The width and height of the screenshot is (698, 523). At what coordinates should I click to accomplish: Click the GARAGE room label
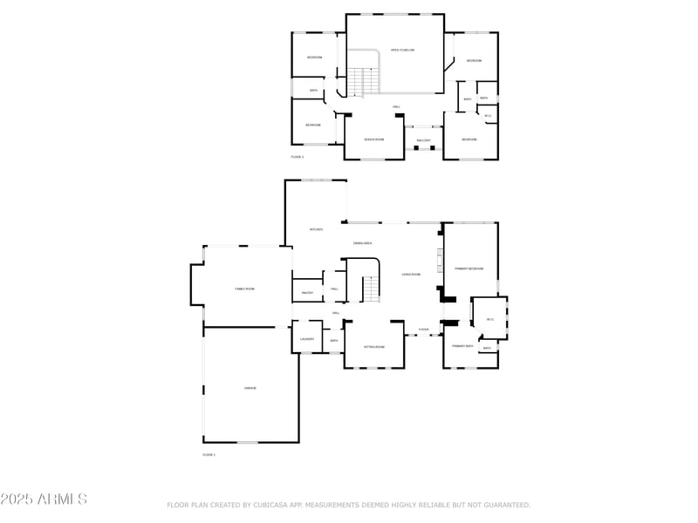click(250, 388)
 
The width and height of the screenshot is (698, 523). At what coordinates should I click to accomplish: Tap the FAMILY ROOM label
click(244, 289)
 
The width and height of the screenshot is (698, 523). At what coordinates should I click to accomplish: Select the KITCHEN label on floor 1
click(316, 229)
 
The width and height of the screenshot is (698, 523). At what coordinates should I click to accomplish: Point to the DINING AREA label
click(364, 242)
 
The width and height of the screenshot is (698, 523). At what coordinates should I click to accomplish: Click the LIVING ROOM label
click(411, 275)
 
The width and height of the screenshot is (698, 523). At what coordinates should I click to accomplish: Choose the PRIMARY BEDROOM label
click(469, 268)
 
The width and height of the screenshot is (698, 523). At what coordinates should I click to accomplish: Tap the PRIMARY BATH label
click(462, 347)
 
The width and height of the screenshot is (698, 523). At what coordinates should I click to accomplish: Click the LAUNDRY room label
click(307, 339)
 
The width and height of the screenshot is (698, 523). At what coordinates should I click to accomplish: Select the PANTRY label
click(307, 293)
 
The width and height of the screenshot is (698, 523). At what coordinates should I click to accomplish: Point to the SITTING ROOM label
click(373, 347)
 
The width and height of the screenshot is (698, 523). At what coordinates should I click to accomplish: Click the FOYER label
click(423, 329)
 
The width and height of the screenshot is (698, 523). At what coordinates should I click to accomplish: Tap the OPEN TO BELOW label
click(402, 50)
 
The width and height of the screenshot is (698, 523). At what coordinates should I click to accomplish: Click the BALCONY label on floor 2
click(423, 140)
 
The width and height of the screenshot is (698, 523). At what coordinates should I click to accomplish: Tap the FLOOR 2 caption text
click(298, 157)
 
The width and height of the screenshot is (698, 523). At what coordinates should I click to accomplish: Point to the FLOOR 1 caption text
click(209, 454)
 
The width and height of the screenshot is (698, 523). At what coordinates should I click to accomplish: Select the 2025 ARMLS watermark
click(44, 499)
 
